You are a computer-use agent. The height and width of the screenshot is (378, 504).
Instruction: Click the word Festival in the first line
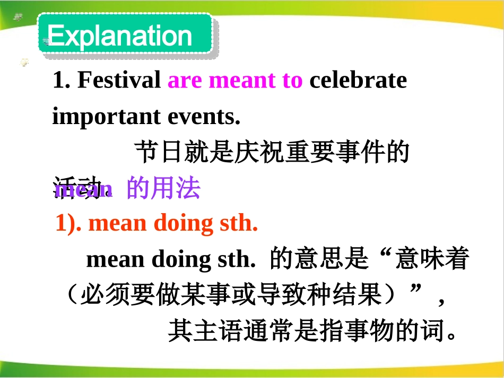coord(119,81)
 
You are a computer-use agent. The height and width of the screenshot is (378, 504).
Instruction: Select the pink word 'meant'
coord(243,81)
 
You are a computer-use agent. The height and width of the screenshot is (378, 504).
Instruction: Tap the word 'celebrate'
coord(358,81)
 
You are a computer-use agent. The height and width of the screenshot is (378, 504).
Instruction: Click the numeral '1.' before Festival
coord(62,81)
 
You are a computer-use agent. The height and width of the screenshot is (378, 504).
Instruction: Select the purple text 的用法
coord(163,188)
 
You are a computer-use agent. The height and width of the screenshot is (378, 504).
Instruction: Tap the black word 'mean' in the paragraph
coord(115,260)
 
